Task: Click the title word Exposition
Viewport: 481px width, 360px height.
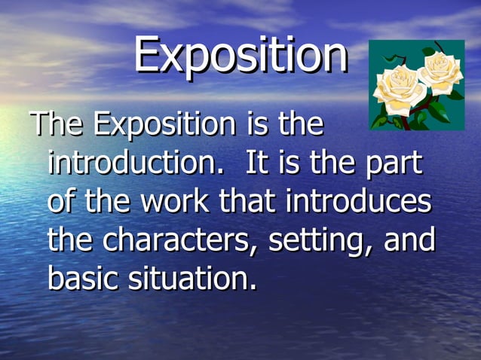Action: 240,55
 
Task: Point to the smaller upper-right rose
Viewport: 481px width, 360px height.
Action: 441,70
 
